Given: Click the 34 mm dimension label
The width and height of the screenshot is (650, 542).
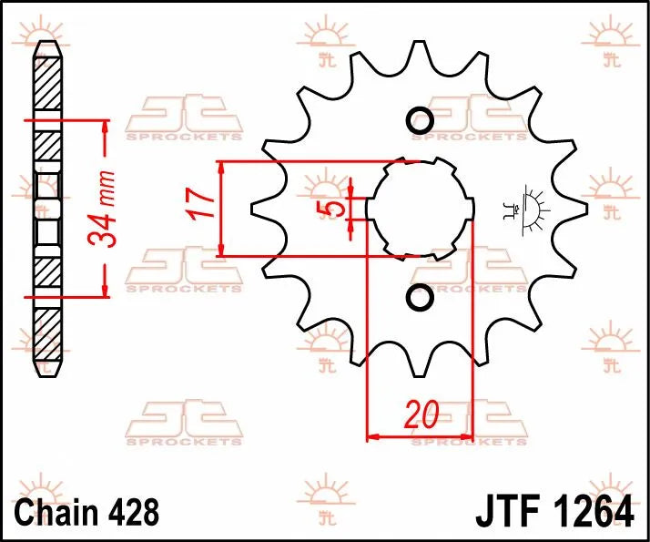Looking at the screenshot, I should click(101, 209).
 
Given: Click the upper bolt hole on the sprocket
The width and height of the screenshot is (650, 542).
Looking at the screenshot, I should click(420, 119).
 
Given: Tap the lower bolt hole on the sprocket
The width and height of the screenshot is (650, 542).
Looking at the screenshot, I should click(420, 297).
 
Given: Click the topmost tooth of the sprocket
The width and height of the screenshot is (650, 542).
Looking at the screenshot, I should click(420, 56).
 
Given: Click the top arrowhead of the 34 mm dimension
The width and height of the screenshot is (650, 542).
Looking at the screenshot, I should click(106, 125).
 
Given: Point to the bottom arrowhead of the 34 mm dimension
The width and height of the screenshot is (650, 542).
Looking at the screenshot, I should click(106, 291).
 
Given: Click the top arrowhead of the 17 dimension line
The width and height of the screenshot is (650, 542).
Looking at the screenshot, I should click(222, 168).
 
